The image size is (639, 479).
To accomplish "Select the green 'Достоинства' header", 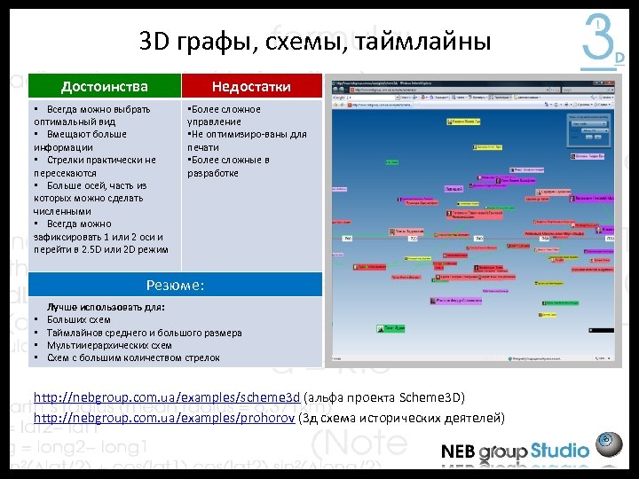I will (x=104, y=86).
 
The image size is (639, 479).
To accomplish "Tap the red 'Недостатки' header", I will (x=251, y=86).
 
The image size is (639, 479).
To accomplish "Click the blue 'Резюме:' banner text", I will (x=175, y=285).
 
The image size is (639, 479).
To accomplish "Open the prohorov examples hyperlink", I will (x=165, y=418).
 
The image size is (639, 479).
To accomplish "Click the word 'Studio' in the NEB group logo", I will (x=560, y=452).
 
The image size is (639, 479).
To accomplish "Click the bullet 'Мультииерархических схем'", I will (x=108, y=345).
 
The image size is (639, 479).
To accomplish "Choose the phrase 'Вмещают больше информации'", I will (x=80, y=140).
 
